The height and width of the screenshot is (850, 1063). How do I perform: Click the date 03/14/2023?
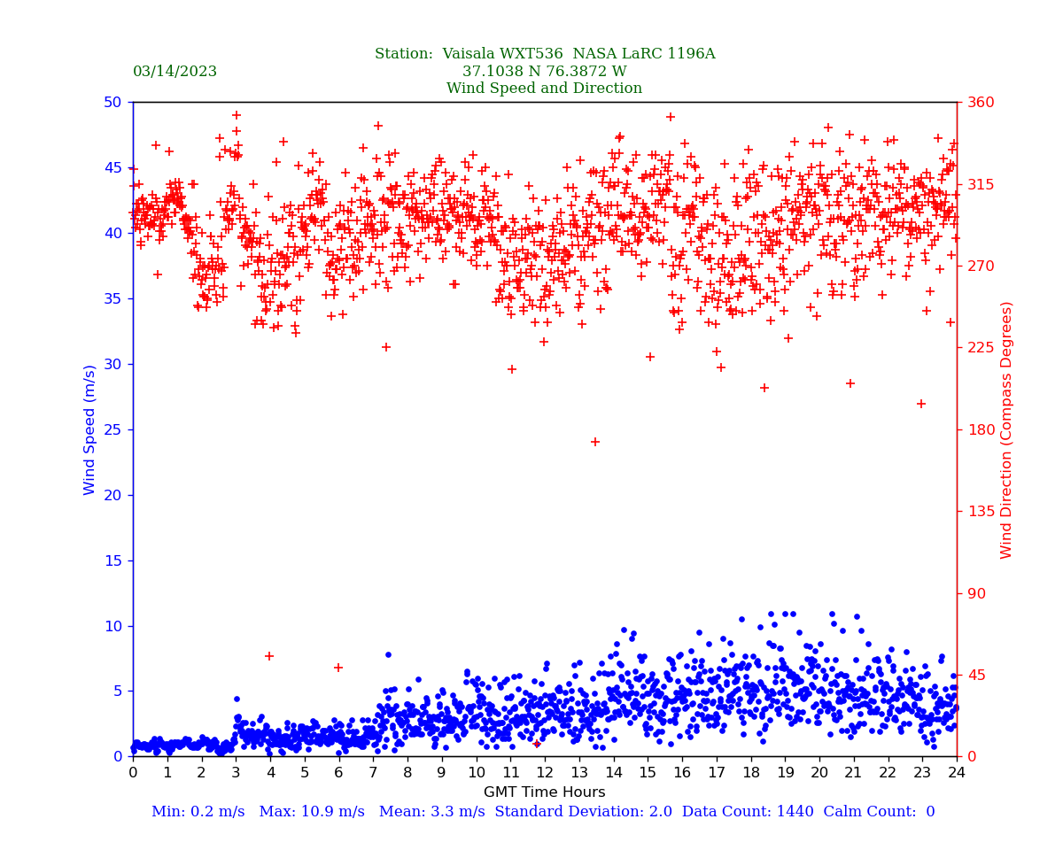[175, 72]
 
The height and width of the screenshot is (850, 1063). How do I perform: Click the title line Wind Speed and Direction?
[544, 89]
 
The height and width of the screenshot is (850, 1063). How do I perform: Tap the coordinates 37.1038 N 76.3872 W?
[544, 72]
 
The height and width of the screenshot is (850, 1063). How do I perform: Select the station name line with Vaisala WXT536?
[544, 54]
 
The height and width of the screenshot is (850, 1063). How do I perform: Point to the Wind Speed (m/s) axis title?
[90, 429]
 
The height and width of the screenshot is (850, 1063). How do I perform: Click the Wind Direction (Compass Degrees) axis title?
[1006, 429]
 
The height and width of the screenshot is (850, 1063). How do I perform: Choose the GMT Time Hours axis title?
[544, 792]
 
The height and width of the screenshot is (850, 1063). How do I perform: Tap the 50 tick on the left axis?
[113, 102]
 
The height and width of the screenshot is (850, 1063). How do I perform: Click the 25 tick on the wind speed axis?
[113, 429]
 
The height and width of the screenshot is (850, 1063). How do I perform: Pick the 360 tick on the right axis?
[981, 102]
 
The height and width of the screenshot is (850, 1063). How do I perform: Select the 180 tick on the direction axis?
[981, 429]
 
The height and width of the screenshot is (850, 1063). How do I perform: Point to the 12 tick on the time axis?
[544, 773]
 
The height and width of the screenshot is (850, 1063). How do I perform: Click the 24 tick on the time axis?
[957, 773]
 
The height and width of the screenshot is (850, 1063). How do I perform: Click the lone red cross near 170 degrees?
[595, 442]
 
